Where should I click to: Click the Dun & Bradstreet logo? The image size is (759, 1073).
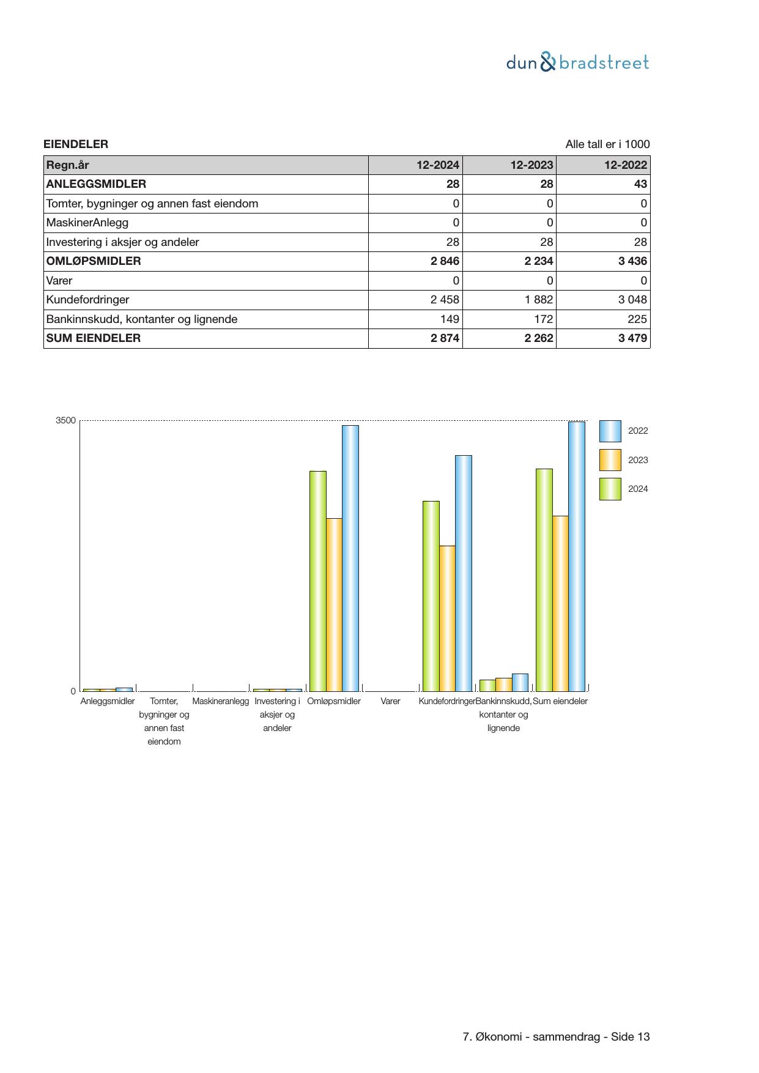577,62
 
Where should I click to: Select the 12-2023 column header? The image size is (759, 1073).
531,165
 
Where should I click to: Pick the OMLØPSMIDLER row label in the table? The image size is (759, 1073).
94,261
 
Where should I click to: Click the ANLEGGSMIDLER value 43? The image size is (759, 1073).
640,184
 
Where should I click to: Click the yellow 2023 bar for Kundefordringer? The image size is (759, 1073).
447,618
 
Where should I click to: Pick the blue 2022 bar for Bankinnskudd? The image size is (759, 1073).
520,682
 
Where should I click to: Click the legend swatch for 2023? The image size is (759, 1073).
610,460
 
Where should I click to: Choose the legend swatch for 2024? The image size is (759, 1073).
610,489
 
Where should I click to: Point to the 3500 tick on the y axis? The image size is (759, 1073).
65,420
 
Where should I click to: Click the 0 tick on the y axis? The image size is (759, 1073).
73,691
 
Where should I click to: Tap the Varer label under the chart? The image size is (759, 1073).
390,701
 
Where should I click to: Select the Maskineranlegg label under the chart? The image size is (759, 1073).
221,701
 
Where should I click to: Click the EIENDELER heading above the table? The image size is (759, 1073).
76,144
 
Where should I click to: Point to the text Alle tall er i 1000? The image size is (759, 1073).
607,144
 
